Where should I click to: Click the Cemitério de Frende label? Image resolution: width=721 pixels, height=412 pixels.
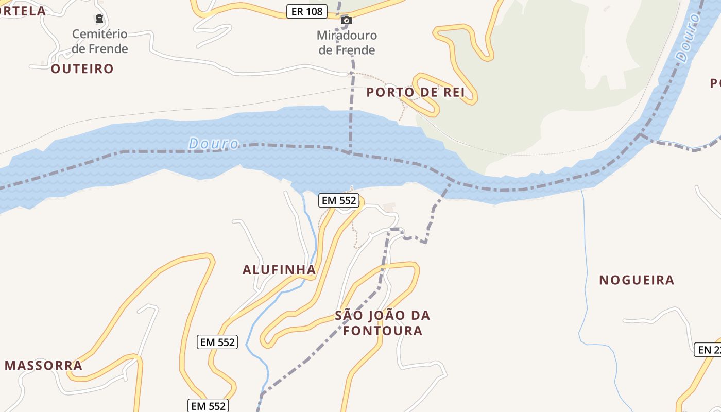(x=100, y=41)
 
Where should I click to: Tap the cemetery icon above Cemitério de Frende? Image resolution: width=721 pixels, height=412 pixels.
(x=99, y=19)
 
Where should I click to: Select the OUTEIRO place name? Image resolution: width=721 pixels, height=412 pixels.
(x=82, y=68)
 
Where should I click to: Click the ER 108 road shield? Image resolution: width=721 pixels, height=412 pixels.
(x=307, y=11)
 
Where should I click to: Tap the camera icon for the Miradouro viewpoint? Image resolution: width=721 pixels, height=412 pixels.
(x=347, y=20)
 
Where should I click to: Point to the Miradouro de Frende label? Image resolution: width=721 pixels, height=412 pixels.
(x=347, y=43)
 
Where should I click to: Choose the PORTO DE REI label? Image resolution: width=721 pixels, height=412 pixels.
(x=416, y=92)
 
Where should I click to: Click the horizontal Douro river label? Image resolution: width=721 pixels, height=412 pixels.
(x=214, y=143)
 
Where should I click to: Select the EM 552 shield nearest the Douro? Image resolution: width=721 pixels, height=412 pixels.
(x=338, y=200)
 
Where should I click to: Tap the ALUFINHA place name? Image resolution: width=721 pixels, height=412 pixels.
(x=279, y=269)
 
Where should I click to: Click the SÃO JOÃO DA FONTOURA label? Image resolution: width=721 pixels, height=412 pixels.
(x=383, y=323)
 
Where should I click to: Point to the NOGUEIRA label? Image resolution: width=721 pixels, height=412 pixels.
(x=637, y=280)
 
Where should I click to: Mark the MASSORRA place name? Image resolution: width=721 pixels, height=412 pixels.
(x=44, y=366)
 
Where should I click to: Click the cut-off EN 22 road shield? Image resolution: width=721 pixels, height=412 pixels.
(x=709, y=350)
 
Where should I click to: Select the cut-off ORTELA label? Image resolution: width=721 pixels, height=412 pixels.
(x=23, y=10)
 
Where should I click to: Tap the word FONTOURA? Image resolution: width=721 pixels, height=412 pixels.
(x=383, y=331)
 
